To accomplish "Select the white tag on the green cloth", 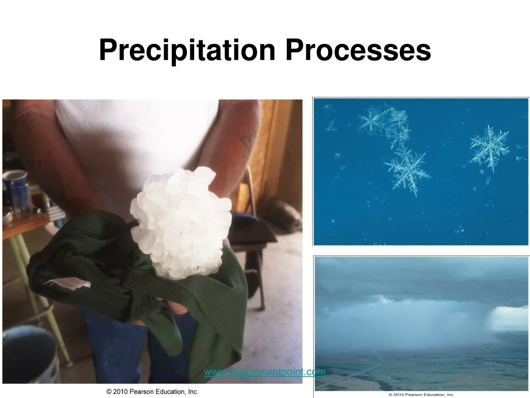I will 67,282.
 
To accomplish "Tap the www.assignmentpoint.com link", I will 264,372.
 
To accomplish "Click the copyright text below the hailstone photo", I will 152,392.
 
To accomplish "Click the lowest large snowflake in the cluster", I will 407,168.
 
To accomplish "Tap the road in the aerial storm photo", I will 362,371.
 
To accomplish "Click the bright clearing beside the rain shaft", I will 510,316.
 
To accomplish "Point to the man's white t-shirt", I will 135,140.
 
